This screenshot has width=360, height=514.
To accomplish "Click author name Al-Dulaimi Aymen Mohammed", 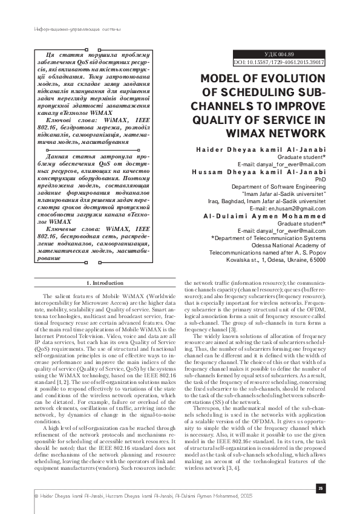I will point(264,216).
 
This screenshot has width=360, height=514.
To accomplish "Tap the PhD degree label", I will point(320,180).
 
